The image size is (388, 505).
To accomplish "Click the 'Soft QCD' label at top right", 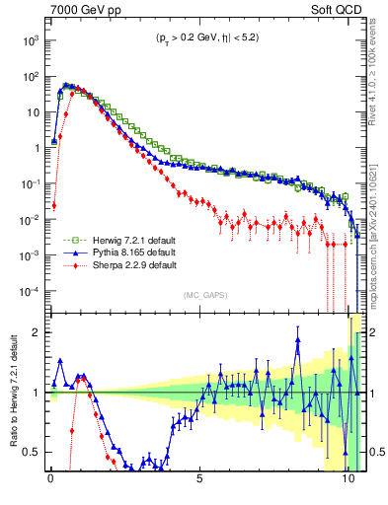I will tap(335, 12).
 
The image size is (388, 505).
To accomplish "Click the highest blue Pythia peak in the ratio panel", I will tap(296, 339).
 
